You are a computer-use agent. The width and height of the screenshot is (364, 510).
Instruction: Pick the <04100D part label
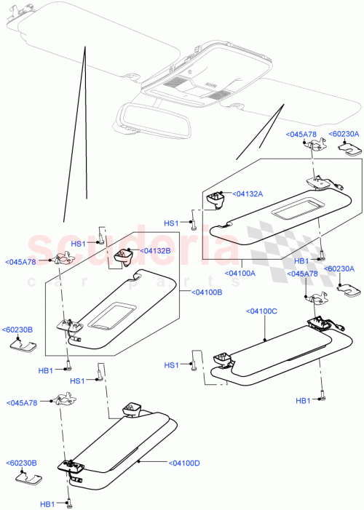tap(186, 462)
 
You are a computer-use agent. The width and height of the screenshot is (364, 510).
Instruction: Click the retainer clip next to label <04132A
tap(216, 196)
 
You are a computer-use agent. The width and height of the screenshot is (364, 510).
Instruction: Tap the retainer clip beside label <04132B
tap(123, 255)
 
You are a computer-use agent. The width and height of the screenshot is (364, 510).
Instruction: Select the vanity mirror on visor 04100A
tap(290, 212)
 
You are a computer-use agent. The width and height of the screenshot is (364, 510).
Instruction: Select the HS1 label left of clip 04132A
tap(171, 223)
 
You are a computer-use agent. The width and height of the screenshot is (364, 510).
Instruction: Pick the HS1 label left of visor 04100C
tap(171, 365)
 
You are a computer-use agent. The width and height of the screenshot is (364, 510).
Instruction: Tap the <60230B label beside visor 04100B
tap(20, 329)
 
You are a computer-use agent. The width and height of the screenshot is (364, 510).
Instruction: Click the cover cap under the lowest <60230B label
tap(28, 479)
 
